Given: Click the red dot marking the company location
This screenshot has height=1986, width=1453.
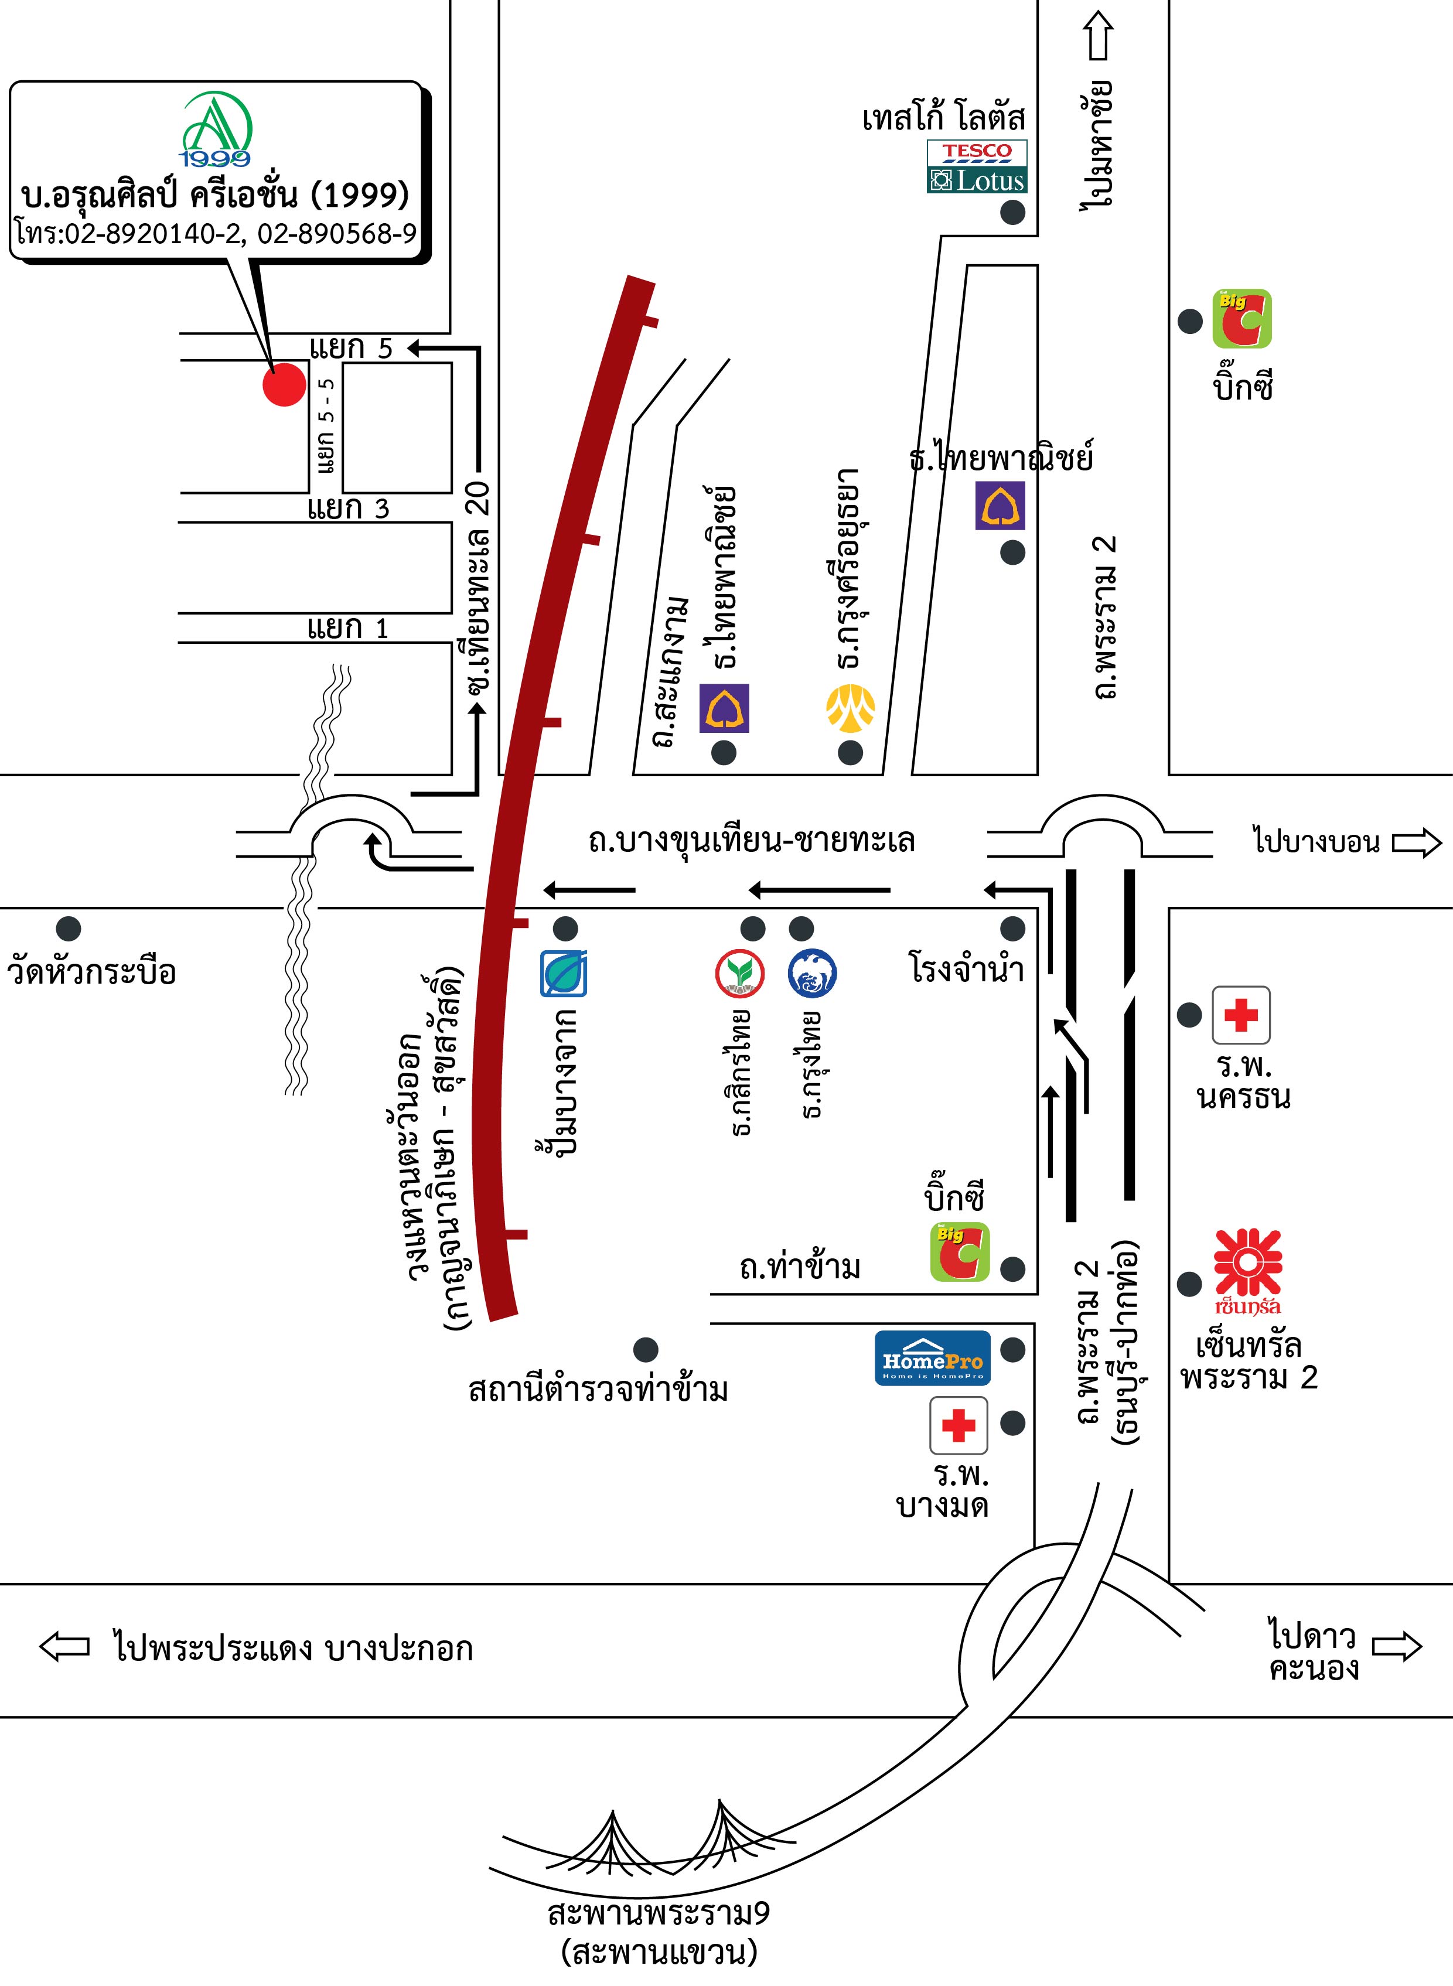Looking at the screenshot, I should (283, 384).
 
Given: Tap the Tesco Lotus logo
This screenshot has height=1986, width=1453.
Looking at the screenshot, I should (976, 167).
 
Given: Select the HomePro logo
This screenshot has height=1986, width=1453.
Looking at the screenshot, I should (932, 1358).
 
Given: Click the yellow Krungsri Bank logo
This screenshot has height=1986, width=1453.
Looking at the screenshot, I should (850, 709).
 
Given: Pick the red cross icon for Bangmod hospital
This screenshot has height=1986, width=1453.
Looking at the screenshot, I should (959, 1424).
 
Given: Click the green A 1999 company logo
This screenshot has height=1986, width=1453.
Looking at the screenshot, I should (216, 130).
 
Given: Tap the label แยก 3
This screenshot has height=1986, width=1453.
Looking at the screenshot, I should (347, 509).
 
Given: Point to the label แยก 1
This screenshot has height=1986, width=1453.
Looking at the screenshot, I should (347, 628).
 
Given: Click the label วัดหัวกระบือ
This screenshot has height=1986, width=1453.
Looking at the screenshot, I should (91, 972).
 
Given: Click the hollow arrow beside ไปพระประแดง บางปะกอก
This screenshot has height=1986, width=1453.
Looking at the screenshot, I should (64, 1646).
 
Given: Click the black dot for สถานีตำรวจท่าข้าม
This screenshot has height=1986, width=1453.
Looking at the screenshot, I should (646, 1349).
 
